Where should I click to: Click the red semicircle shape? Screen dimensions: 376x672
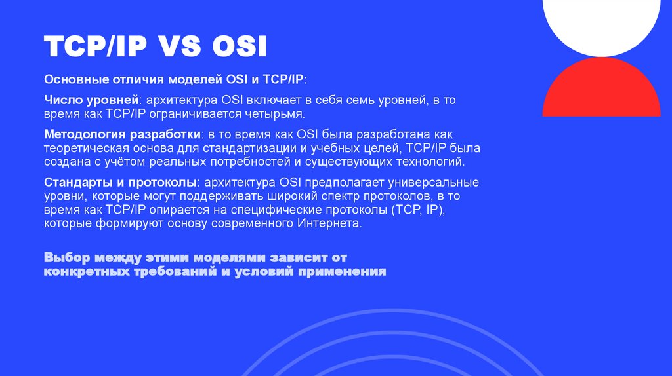coord(601,89)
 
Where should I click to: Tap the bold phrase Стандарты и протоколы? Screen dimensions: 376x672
coord(119,181)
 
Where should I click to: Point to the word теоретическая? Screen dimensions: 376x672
coord(83,147)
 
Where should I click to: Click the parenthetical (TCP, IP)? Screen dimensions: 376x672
coord(418,210)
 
